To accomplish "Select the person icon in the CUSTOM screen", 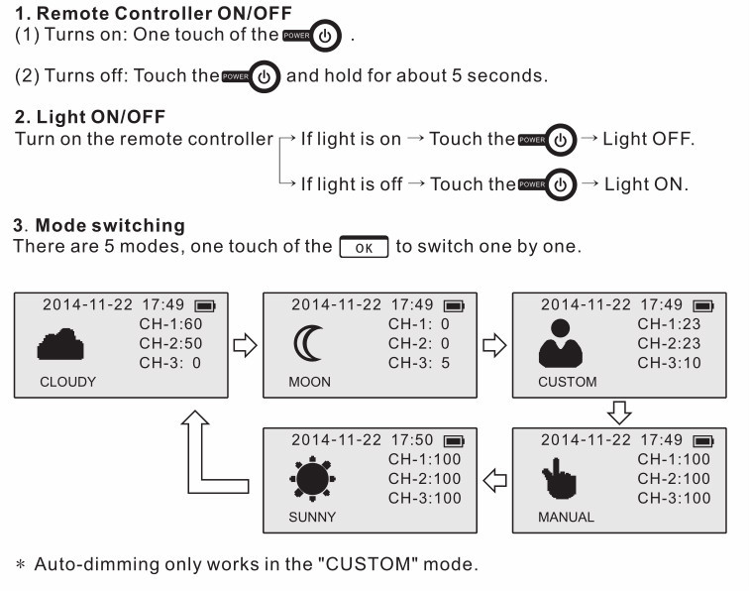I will click(560, 344).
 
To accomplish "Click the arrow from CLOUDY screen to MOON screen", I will click(244, 345).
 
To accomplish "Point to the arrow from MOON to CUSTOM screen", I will click(493, 345).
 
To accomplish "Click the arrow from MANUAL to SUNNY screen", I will click(493, 481).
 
